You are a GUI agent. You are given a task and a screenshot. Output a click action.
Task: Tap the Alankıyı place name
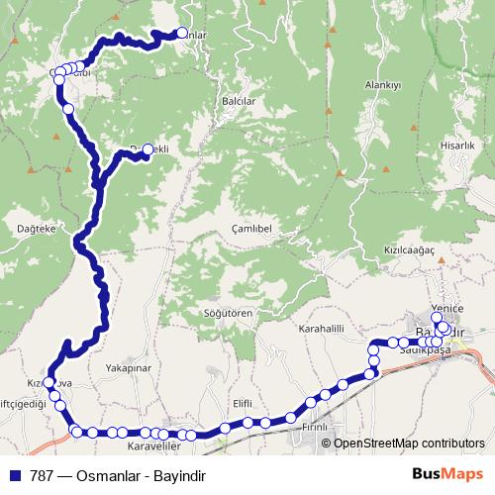[382, 86]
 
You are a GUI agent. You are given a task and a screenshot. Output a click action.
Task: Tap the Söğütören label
[231, 313]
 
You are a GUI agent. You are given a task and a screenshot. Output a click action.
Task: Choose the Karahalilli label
[324, 328]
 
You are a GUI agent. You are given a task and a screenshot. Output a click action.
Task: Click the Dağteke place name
[37, 228]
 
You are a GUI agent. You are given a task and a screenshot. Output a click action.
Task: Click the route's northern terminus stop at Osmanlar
[181, 32]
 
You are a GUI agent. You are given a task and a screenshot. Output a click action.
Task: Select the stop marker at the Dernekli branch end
[148, 149]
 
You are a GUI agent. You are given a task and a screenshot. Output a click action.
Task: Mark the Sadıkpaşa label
[424, 350]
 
